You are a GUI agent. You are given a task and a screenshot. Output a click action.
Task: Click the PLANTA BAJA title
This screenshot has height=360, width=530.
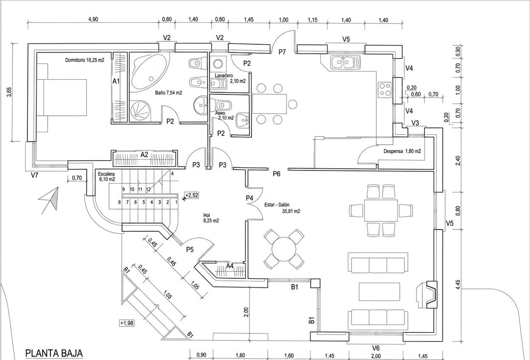coord(54,353)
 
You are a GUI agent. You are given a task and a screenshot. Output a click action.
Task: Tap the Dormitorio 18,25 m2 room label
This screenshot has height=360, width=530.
coord(85,60)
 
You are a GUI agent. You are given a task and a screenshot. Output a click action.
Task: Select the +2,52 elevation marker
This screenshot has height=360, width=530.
coord(192,195)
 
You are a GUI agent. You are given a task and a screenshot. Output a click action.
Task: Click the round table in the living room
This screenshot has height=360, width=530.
coord(284,249)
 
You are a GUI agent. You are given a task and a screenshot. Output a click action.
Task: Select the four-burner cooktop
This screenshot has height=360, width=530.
coord(385,89)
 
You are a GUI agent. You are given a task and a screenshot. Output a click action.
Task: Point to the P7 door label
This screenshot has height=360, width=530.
coord(282,52)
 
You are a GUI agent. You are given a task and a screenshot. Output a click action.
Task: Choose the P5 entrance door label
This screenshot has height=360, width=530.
coord(190,249)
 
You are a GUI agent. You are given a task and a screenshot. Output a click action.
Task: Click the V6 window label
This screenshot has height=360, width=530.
coord(376,348)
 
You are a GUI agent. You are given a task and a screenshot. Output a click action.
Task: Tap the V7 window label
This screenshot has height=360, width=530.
coord(35,175)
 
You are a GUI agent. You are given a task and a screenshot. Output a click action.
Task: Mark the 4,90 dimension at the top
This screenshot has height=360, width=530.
coord(93,19)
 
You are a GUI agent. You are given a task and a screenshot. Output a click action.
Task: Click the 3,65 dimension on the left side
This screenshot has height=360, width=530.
coord(9,92)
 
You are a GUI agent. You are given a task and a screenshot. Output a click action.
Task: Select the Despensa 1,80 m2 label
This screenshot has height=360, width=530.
coord(402,151)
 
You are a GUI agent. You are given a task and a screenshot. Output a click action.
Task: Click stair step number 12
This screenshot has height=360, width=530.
coord(148,189)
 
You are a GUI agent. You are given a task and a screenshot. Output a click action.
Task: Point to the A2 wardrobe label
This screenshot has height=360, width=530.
coord(144,154)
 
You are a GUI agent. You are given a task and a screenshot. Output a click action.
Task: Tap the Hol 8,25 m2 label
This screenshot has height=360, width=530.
coord(211,218)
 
